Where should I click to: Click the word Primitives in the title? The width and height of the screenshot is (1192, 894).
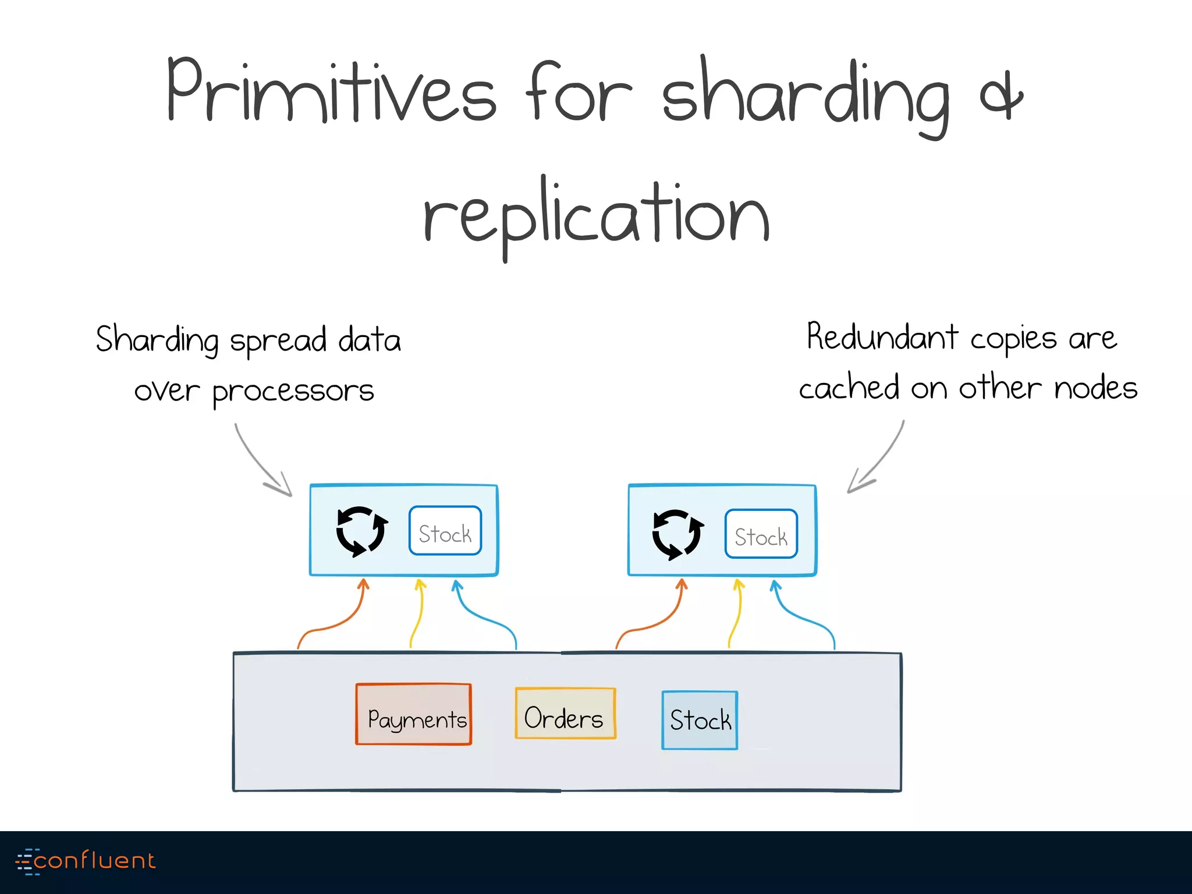pos(331,93)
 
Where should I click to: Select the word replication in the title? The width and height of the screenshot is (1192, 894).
pos(596,218)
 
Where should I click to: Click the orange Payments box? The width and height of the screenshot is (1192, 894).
pos(414,715)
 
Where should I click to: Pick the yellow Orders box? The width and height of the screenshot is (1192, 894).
pos(565,714)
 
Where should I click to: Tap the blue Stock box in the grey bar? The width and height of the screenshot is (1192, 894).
pos(700,720)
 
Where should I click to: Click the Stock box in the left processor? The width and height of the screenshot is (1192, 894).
pos(445,531)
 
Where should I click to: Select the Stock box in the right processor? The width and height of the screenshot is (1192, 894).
pos(761,534)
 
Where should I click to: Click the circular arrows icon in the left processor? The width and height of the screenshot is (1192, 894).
pos(361,531)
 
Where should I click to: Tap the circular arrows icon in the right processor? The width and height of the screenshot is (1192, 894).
pos(677,534)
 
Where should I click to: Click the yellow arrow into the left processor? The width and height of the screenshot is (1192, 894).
pos(417,614)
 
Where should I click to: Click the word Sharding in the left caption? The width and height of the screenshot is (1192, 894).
pos(157,340)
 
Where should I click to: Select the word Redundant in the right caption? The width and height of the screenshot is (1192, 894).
pos(882,338)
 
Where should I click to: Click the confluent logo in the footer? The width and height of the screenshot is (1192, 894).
pos(86,861)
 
